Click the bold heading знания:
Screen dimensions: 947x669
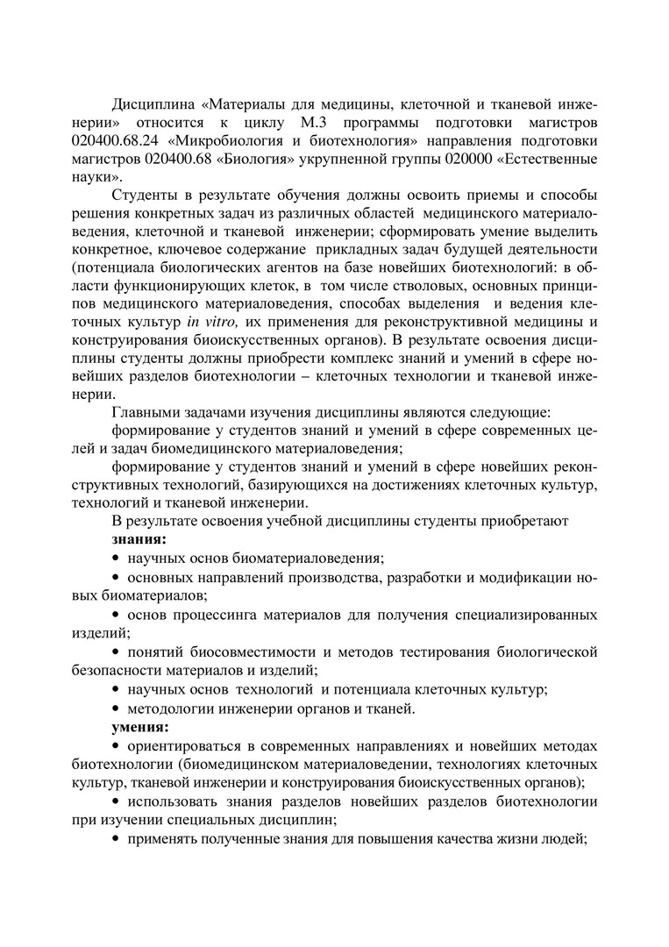pyautogui.click(x=139, y=539)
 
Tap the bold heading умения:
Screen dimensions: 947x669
pyautogui.click(x=140, y=728)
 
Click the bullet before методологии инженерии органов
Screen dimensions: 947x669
pyautogui.click(x=116, y=708)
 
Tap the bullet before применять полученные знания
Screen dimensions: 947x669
pyautogui.click(x=116, y=840)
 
